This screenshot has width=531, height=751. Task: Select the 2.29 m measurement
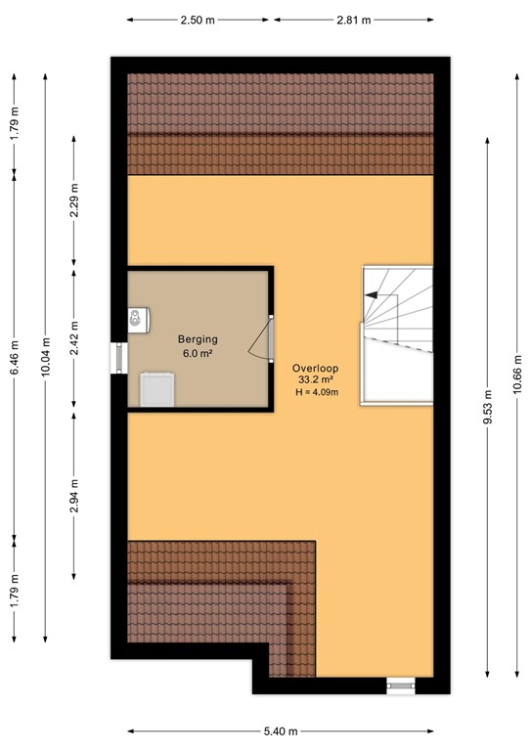75,201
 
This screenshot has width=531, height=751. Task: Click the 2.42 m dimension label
75,337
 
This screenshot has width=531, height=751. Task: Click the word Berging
198,339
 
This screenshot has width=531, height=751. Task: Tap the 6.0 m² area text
198,353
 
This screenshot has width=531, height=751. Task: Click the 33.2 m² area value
317,380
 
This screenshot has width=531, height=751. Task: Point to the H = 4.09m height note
317,392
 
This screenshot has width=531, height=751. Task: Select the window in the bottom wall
401,685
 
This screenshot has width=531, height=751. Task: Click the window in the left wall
118,357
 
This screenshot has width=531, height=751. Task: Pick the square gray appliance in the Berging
155,389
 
